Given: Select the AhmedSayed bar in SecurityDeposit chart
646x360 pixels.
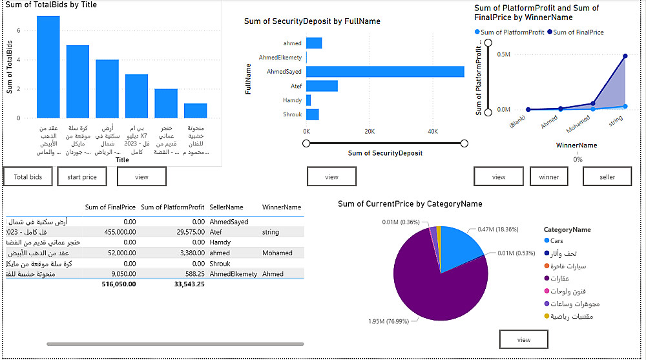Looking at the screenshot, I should click(x=385, y=72).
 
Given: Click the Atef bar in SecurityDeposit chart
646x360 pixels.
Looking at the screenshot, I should click(x=322, y=86).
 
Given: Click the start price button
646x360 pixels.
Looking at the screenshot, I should click(x=81, y=176).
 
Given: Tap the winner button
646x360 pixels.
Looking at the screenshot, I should click(x=554, y=176).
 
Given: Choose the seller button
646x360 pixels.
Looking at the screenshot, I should click(x=607, y=176).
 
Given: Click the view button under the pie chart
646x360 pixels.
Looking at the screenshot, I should click(x=523, y=339).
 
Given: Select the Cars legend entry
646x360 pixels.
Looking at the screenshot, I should click(x=556, y=241).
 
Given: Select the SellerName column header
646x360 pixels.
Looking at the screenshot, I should click(x=226, y=207).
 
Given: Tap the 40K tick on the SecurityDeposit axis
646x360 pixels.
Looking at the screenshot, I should click(x=432, y=131).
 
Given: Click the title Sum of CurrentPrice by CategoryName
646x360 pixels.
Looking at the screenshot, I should click(x=410, y=204).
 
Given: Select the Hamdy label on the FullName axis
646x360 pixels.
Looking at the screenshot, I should click(x=292, y=100).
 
